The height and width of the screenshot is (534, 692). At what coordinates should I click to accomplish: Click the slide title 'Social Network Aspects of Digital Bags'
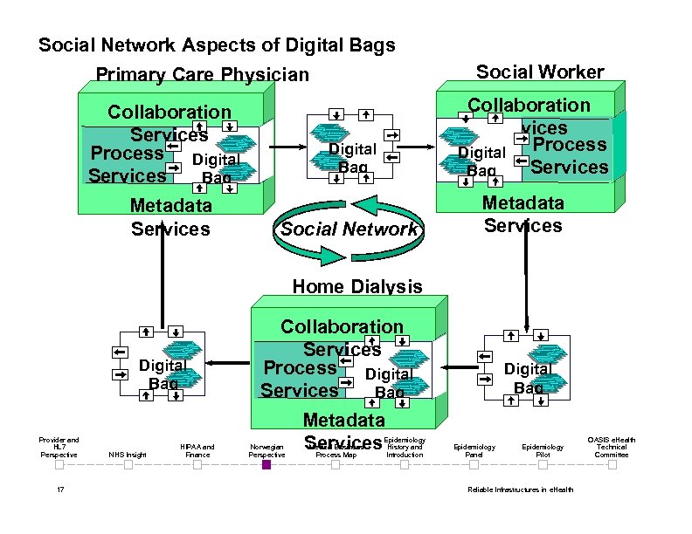[x=217, y=44]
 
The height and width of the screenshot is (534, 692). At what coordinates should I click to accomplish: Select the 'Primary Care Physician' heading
[x=202, y=75]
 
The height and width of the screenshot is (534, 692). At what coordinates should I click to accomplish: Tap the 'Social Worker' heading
[x=539, y=72]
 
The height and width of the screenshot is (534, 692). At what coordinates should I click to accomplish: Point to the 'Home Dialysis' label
[x=356, y=286]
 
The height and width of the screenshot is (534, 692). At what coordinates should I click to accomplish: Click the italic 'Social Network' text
[x=349, y=229]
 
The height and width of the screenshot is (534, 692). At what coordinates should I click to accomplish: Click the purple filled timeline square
[x=266, y=465]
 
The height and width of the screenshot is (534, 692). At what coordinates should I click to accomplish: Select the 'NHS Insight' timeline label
[x=128, y=455]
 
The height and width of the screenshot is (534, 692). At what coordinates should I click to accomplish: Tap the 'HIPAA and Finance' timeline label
[x=197, y=450]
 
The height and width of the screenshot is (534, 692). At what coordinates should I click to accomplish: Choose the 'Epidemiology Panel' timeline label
[x=474, y=450]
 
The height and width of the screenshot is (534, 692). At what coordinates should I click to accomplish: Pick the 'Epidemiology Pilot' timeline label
[x=543, y=450]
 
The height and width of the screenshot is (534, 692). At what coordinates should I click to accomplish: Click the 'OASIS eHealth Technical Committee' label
[x=612, y=447]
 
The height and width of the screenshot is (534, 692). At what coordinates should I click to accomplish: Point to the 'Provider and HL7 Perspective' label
[x=59, y=447]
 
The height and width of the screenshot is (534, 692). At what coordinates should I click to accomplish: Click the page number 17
[x=59, y=489]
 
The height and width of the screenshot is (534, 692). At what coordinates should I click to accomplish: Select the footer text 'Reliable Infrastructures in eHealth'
[x=521, y=489]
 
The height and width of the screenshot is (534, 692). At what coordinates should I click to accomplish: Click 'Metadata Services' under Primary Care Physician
[x=170, y=217]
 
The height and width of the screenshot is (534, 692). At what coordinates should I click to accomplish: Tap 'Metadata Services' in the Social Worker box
[x=523, y=214]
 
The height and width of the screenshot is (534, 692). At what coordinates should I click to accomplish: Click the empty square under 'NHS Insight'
[x=128, y=465]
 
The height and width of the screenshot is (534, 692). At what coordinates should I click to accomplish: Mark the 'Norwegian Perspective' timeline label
[x=266, y=450]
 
